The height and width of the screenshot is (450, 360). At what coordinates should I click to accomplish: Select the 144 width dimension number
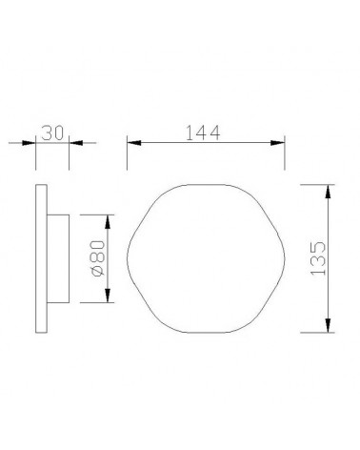[205, 133]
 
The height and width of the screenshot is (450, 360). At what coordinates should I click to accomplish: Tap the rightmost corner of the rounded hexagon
[282, 258]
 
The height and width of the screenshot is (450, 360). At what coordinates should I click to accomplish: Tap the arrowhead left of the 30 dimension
[29, 143]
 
